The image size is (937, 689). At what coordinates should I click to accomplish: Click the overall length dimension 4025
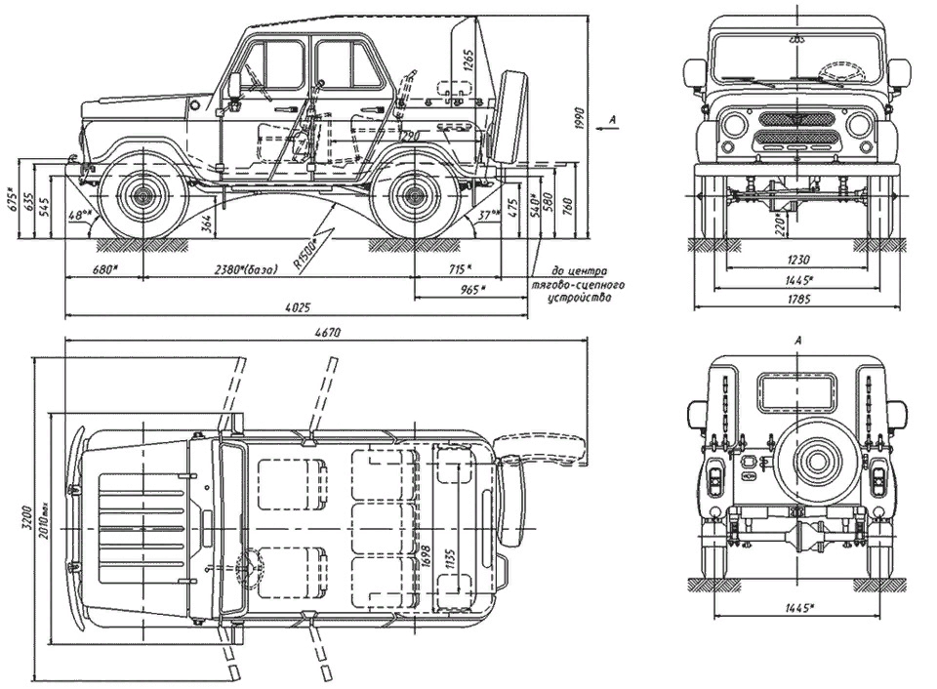tap(298, 308)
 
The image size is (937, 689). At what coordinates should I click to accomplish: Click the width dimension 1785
tap(798, 300)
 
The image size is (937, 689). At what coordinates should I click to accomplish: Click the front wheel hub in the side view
tap(143, 195)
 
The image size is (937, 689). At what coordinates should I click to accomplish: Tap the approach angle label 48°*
tap(81, 214)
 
